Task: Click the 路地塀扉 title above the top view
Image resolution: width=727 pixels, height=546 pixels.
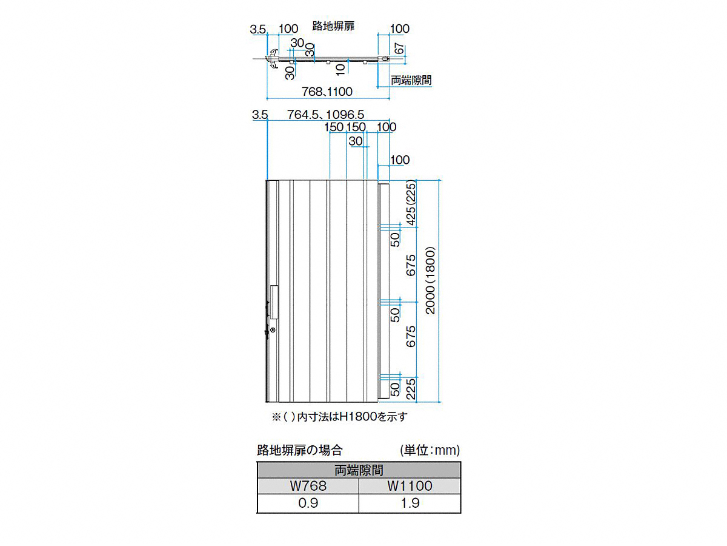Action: pos(333,26)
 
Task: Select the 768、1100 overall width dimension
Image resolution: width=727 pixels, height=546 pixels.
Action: pos(327,92)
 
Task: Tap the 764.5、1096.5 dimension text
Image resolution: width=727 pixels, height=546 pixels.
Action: pos(325,115)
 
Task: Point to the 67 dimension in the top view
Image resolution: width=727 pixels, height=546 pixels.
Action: pos(399,49)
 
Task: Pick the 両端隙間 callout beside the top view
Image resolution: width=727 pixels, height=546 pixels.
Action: pos(411,80)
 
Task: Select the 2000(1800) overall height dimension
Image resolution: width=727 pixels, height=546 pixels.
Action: pos(430,280)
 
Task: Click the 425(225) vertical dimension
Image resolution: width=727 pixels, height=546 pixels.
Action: pos(411,203)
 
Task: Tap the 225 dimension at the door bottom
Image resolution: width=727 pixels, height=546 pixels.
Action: pos(411,389)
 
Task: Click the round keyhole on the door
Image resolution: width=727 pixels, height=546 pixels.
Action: pos(273,330)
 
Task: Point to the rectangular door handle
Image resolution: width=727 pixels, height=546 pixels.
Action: pos(274,302)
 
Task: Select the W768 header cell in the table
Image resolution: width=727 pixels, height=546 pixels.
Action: pos(308,486)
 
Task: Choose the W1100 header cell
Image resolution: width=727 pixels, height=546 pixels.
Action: pos(410,486)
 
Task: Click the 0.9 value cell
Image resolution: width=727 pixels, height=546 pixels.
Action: pos(308,504)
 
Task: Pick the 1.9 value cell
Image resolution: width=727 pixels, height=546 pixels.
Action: pos(410,504)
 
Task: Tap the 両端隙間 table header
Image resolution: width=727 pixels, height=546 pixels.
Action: pos(359,470)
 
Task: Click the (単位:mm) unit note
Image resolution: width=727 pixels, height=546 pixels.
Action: pos(430,450)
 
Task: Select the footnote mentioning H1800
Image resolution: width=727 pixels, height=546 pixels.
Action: pos(339,417)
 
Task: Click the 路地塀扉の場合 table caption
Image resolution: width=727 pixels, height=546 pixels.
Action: pos(300,450)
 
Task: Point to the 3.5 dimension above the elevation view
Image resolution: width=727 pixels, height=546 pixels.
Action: pos(260,115)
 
